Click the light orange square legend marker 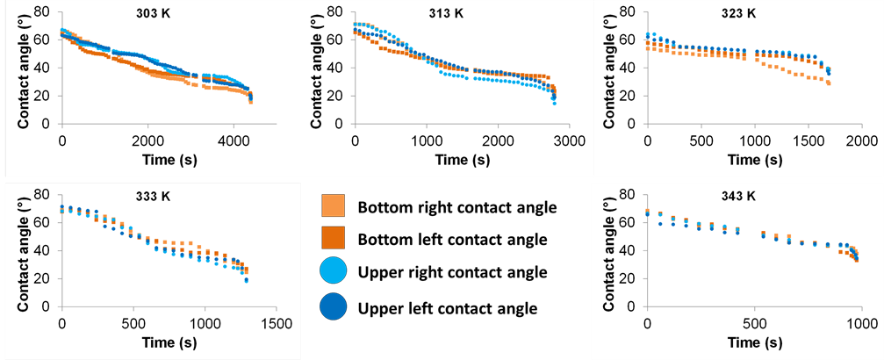[x=334, y=205]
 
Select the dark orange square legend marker [x=334, y=238]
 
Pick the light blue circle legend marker [x=334, y=270]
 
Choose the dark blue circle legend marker [x=334, y=306]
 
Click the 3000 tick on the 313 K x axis [x=569, y=140]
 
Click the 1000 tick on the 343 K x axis [x=859, y=321]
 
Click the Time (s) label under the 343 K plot [x=752, y=340]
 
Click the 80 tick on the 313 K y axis [x=337, y=14]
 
